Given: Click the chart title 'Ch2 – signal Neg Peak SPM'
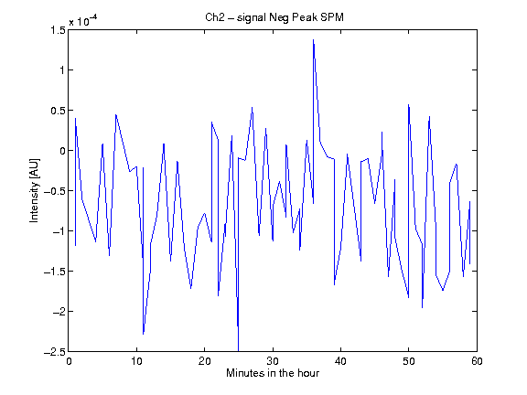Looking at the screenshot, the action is tap(274, 17).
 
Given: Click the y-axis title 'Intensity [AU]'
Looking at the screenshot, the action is tap(34, 190).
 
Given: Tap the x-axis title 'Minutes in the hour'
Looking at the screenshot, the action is tap(273, 373).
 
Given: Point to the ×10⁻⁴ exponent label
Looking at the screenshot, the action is tap(82, 21).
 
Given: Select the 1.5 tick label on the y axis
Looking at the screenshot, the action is tap(58, 30).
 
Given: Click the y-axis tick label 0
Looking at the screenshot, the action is tap(62, 151).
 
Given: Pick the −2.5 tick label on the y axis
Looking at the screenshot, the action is tap(55, 352).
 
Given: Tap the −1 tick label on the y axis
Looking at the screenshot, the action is tap(59, 231).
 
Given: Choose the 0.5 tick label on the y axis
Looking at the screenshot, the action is tap(58, 111).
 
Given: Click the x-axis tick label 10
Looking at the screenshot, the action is tap(136, 361).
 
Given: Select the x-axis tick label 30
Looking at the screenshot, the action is tap(273, 361).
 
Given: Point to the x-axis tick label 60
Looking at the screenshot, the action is tap(477, 361).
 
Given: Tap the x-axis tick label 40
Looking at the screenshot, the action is tap(340, 361).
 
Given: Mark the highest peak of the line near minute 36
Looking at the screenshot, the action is tap(313, 39).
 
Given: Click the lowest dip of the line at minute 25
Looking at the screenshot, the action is tap(238, 351).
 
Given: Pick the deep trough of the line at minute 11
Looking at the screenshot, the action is tap(143, 335).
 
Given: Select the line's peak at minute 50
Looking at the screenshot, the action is tap(409, 104).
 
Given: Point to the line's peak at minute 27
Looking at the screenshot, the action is tap(253, 108).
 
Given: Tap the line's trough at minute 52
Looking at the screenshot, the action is tap(422, 307).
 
